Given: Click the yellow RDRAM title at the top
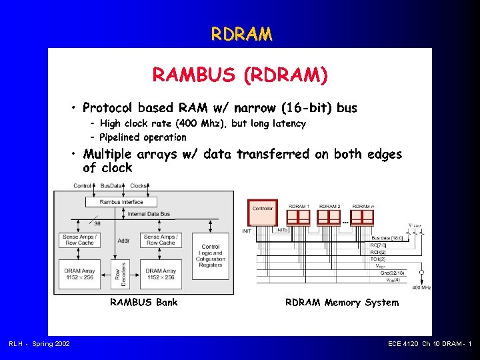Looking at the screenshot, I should tap(241, 33).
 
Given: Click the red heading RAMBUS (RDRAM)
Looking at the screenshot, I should tap(240, 75).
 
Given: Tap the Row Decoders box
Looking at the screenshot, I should tap(117, 273).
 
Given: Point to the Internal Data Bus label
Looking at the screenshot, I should tap(149, 214).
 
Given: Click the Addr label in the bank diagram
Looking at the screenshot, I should tap(123, 241).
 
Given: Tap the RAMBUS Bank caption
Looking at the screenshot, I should tap(144, 303).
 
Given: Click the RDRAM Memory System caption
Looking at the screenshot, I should tap(342, 303).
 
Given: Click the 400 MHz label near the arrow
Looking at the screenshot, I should tap(421, 287).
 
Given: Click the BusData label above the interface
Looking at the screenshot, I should tap(111, 186).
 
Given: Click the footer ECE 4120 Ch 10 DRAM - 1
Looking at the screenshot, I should tap(429, 343).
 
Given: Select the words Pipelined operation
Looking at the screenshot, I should tap(143, 137).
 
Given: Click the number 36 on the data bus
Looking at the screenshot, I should tap(97, 224).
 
